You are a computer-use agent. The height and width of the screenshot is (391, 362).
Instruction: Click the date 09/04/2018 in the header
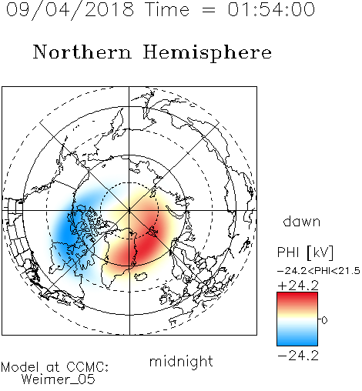pos(70,10)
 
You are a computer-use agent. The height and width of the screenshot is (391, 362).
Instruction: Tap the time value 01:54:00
pos(271,9)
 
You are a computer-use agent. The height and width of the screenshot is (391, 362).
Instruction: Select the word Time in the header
pos(167,9)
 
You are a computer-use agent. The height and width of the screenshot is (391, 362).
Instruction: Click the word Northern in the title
pos(82,52)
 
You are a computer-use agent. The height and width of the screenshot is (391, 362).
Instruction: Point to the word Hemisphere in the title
pos(207,53)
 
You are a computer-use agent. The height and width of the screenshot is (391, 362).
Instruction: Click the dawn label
pos(302,222)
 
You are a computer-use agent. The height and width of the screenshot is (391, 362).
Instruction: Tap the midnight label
pos(181,361)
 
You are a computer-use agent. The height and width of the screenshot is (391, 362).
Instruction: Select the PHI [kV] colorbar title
pos(305,252)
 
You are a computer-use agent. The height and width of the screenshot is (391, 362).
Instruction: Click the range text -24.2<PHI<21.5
pos(319,271)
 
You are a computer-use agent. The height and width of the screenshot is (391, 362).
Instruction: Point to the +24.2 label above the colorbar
pos(298,286)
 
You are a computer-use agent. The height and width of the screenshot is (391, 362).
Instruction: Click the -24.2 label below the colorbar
pos(298,356)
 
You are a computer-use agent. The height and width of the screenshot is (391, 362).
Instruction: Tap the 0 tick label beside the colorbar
pos(324,320)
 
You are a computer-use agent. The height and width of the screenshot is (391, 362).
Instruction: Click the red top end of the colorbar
pos(297,295)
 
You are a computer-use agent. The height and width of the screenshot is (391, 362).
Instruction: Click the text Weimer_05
pos(59,379)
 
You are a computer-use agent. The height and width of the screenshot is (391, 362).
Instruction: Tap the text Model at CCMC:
pos(55,367)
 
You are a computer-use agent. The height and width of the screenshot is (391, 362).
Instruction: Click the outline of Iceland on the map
pos(141,276)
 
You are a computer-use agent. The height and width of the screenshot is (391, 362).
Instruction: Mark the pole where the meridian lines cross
pos(129,210)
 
